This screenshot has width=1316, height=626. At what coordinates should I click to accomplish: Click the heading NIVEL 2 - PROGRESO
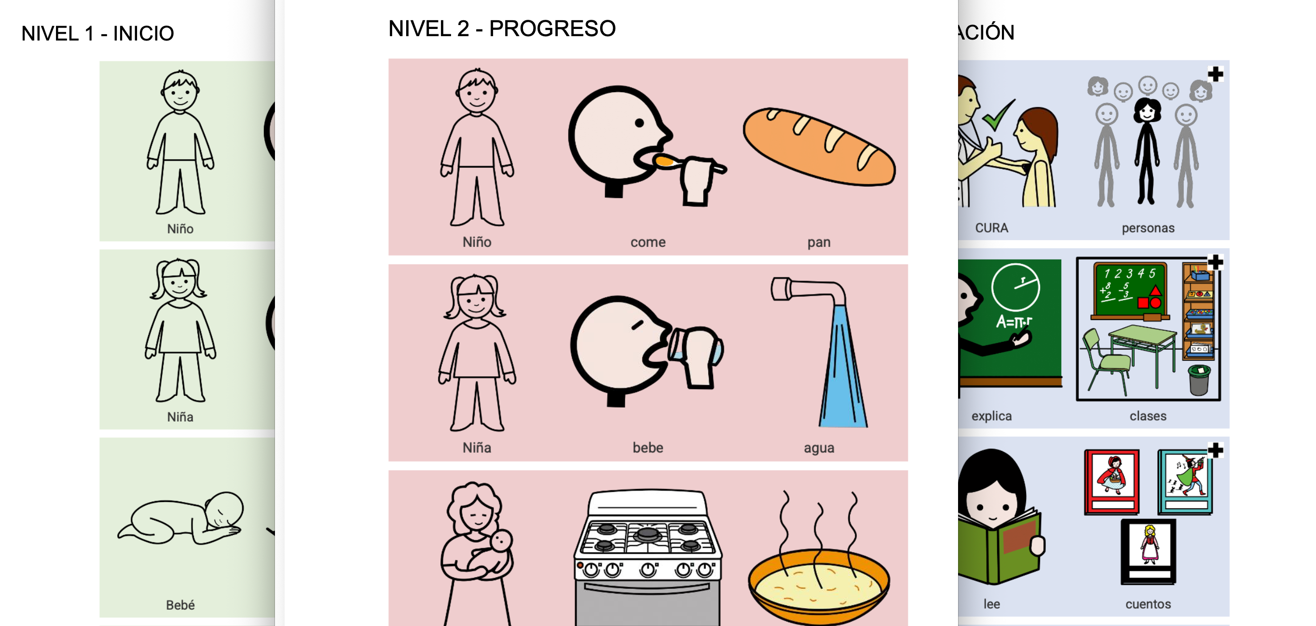[502, 28]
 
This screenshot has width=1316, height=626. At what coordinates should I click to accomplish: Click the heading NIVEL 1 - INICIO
[97, 34]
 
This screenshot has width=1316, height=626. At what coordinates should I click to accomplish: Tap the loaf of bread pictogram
[819, 146]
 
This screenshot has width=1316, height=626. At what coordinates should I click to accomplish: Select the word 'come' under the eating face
[648, 242]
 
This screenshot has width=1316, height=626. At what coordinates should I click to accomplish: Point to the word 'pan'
[819, 243]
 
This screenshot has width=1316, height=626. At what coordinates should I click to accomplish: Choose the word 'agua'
[819, 449]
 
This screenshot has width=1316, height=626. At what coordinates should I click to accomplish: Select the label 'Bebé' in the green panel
[180, 605]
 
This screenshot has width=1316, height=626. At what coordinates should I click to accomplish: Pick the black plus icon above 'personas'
[1215, 74]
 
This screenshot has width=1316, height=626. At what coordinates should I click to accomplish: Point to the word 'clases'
[1148, 416]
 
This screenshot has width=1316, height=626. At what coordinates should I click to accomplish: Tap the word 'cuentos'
[1148, 604]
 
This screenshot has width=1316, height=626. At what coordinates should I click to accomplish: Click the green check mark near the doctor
[998, 115]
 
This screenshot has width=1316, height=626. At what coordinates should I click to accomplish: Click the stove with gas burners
[648, 557]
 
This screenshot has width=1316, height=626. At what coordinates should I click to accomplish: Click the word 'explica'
[992, 416]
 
